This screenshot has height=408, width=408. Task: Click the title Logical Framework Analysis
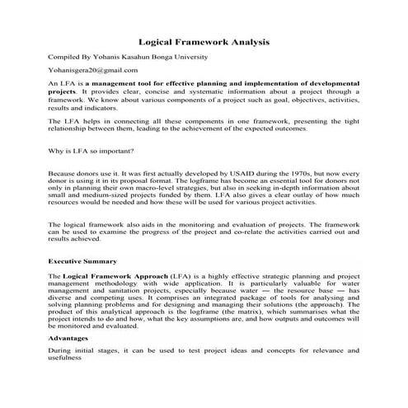203,40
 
